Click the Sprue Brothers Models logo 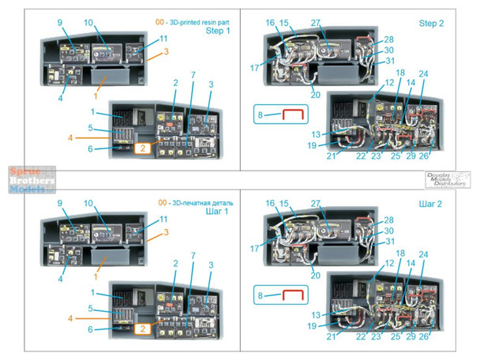point(27,180)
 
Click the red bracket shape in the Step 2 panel point(294,115)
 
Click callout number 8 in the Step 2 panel point(260,116)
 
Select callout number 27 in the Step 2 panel point(316,24)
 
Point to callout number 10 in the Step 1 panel point(88,23)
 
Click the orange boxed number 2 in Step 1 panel point(143,147)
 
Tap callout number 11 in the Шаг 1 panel point(163,219)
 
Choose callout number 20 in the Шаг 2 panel point(315,276)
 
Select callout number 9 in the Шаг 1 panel point(59,203)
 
